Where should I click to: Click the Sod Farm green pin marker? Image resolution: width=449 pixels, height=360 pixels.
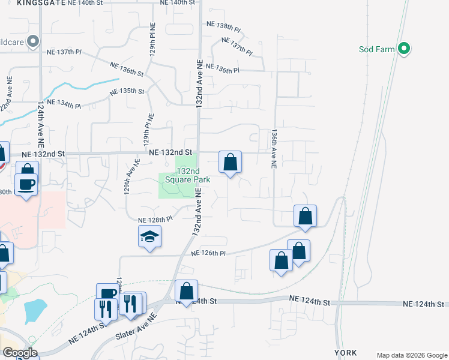[x=405, y=49]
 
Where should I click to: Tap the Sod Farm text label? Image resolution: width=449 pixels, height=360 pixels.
[x=376, y=49]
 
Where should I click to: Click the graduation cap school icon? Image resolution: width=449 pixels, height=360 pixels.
[x=149, y=237]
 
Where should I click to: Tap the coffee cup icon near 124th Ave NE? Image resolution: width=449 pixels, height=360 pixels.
[x=26, y=184]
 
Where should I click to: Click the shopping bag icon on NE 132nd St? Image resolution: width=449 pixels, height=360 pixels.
[x=230, y=162]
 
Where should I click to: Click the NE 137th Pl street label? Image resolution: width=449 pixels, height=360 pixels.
[x=237, y=46]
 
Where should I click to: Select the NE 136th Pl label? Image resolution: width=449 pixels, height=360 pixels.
[x=222, y=69]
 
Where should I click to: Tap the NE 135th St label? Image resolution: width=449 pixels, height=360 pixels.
[x=128, y=92]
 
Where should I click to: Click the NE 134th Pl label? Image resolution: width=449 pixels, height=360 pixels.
[x=64, y=103]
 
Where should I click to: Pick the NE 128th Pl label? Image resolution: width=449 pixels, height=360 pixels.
[x=155, y=220]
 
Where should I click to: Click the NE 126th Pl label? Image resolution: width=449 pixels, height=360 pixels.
[x=208, y=254]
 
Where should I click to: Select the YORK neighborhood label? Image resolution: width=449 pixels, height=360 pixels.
[x=346, y=352]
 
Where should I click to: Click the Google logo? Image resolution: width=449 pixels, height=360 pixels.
[x=19, y=353]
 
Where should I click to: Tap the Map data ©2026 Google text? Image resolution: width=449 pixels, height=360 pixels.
[x=411, y=355]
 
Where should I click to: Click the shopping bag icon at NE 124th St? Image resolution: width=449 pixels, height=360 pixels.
[x=186, y=292]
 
